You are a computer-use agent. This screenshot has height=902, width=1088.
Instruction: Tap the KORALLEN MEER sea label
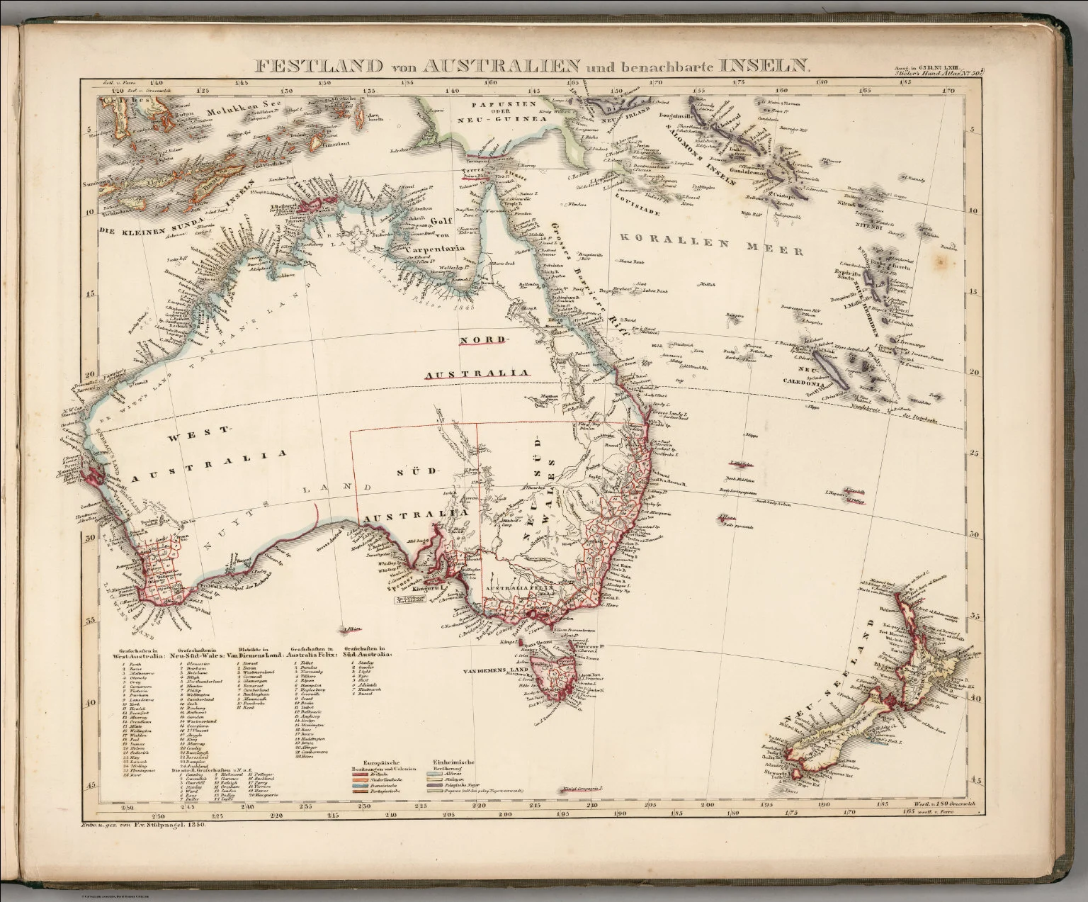coord(710,245)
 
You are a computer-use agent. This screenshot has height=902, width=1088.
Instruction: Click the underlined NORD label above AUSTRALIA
coord(484,342)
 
